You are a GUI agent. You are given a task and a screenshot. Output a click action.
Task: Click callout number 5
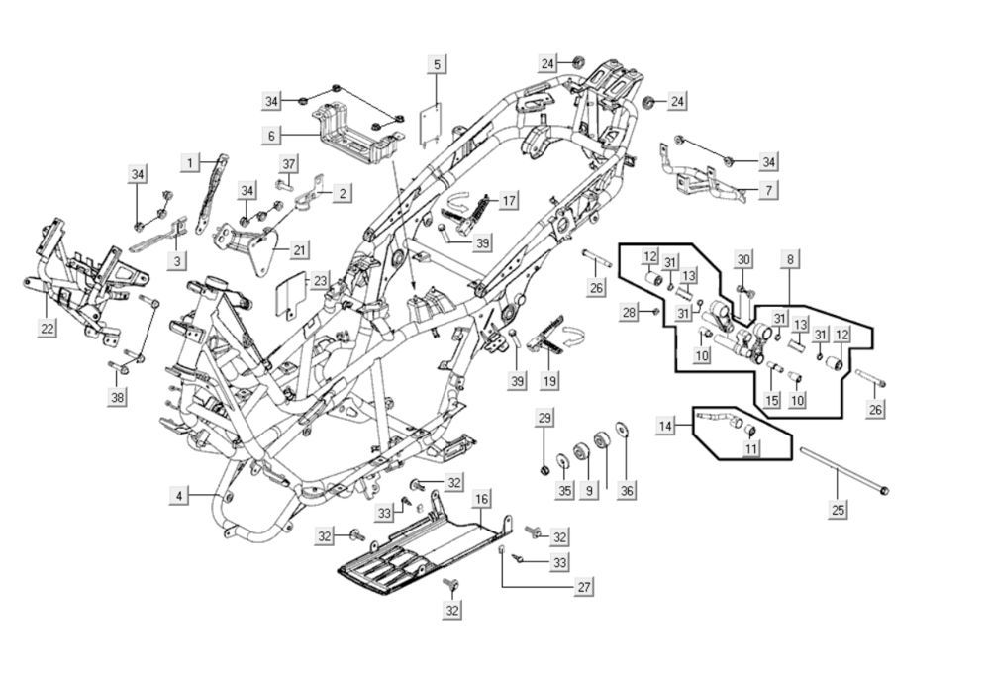[x=437, y=64]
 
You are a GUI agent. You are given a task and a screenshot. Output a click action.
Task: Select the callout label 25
[x=839, y=509]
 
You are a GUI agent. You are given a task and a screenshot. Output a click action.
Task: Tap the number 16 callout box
[x=481, y=498]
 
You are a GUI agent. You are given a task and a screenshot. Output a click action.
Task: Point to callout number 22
[x=48, y=329]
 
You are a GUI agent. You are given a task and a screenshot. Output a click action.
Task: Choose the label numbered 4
[x=179, y=496]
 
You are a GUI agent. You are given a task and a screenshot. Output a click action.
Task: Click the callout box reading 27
[x=584, y=587]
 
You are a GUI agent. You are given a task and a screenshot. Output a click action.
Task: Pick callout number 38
[x=119, y=398]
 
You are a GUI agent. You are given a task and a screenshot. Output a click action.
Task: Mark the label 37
[x=288, y=163]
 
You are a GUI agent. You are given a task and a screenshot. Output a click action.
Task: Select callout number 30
[x=743, y=259]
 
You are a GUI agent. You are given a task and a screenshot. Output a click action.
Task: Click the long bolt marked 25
[x=841, y=471]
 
